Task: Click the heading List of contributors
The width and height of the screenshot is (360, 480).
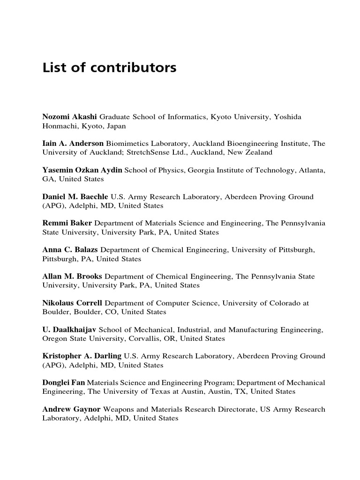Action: [x=109, y=68]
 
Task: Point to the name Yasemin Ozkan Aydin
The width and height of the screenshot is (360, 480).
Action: [x=82, y=170]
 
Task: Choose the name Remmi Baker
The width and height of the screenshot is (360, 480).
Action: [x=67, y=223]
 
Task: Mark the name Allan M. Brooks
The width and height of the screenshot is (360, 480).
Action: [x=72, y=277]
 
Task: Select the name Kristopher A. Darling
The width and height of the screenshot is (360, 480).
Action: [x=82, y=356]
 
